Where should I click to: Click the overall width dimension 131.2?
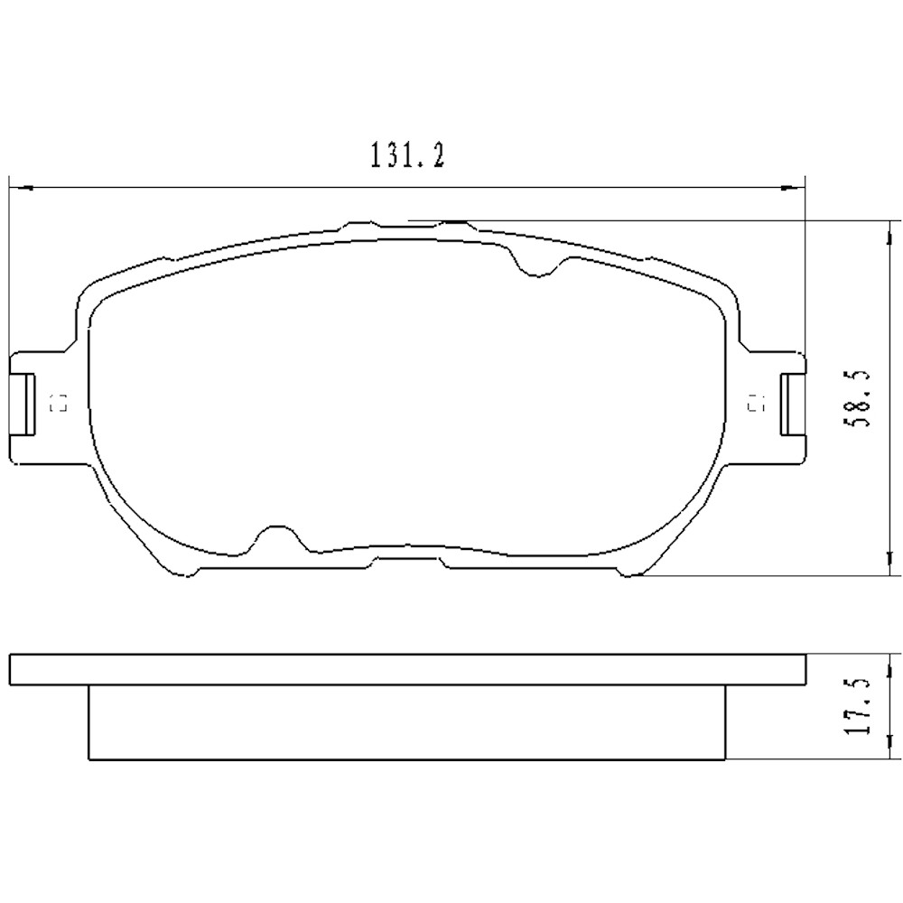pyautogui.click(x=405, y=157)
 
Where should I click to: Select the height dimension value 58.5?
pyautogui.click(x=863, y=397)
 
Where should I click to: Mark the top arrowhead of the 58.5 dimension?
pyautogui.click(x=889, y=229)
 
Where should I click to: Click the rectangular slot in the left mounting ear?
pyautogui.click(x=27, y=403)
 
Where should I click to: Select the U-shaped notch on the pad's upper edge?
pyautogui.click(x=538, y=264)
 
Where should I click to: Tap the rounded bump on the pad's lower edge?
pyautogui.click(x=278, y=538)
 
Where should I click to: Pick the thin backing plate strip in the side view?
pyautogui.click(x=406, y=668)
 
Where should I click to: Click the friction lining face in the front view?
pyautogui.click(x=406, y=397)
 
